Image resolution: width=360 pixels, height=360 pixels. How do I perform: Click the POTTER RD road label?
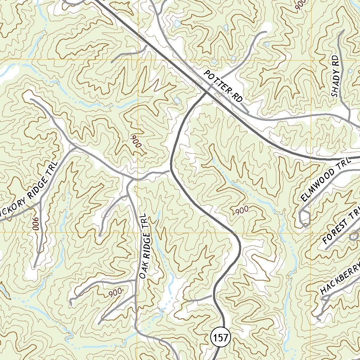(223, 86)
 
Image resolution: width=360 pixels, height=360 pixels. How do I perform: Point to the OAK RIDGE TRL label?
(145, 246)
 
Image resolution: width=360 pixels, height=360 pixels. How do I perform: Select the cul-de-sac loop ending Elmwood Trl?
(304, 219)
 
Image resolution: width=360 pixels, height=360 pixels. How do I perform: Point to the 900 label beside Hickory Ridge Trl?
(35, 224)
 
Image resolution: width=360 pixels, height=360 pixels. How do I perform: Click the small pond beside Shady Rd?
(350, 71)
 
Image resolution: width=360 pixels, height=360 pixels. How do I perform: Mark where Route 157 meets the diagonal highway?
(205, 94)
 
